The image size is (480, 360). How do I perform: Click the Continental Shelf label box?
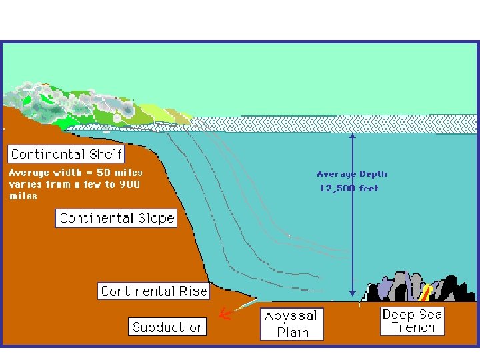click(67, 154)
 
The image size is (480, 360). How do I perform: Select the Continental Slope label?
click(117, 218)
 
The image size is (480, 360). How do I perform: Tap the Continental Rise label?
click(154, 291)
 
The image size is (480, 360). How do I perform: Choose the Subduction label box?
click(168, 327)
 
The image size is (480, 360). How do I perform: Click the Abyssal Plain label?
click(291, 323)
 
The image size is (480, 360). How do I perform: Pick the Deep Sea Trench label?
click(412, 321)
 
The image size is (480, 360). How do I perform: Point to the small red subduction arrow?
click(225, 314)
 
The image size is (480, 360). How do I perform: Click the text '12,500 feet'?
click(349, 188)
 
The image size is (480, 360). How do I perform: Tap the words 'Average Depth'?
click(351, 174)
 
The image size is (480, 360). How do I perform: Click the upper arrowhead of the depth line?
click(353, 136)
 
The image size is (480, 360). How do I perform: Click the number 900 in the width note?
click(129, 185)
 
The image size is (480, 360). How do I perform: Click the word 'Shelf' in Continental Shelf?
click(105, 154)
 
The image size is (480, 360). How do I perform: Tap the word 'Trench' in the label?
click(413, 327)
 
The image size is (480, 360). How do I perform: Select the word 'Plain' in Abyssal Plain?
click(293, 331)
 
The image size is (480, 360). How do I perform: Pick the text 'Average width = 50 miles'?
click(75, 173)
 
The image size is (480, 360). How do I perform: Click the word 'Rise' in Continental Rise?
click(193, 291)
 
